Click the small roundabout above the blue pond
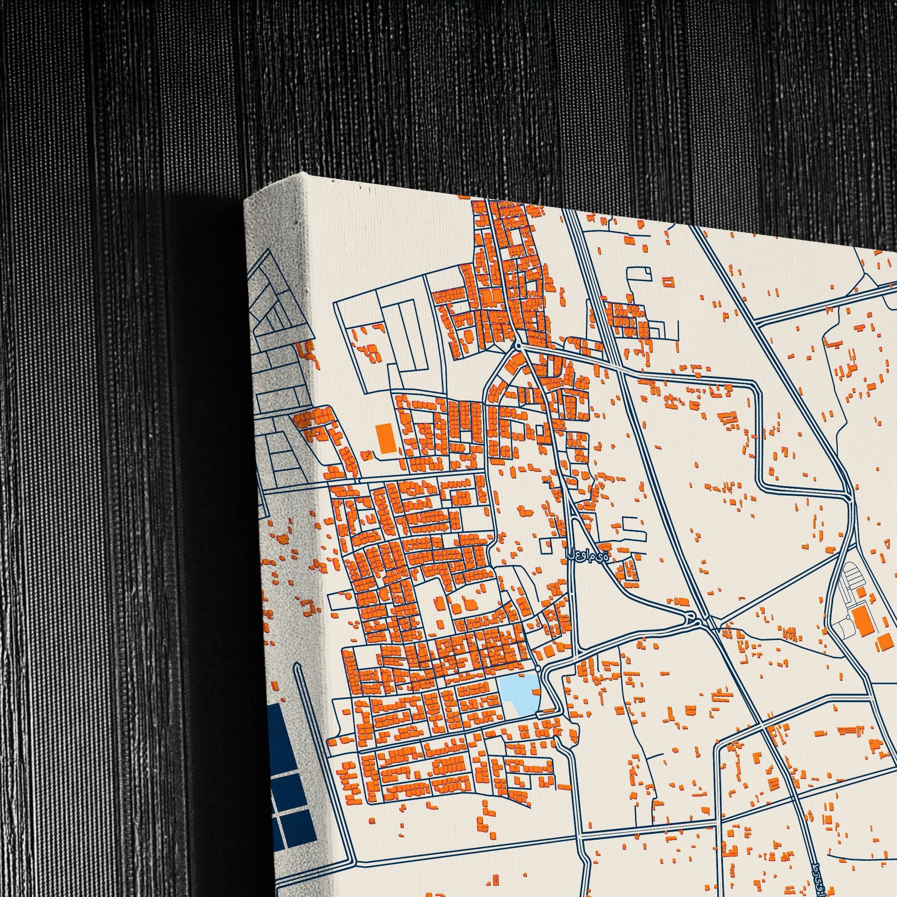click(x=537, y=667)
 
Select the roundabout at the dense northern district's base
click(x=518, y=346)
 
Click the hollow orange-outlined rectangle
click(x=668, y=281)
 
